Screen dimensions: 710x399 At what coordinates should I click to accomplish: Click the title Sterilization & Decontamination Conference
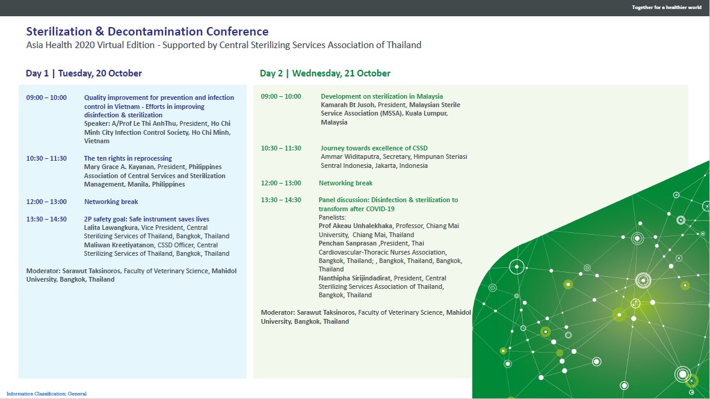tap(147, 31)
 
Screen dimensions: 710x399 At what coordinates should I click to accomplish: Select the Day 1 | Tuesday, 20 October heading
tap(84, 73)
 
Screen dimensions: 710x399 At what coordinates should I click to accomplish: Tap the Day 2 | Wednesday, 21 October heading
tap(325, 73)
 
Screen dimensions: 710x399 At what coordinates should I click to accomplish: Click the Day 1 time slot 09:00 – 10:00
tap(46, 97)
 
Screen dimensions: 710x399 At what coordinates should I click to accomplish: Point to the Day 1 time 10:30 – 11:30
tap(46, 158)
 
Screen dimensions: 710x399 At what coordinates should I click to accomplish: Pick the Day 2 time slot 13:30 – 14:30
tap(281, 200)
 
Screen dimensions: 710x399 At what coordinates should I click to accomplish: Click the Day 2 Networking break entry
tap(345, 183)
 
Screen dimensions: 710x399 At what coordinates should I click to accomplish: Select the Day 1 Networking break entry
tap(111, 202)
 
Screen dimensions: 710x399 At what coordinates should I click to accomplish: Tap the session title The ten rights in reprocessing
tap(128, 158)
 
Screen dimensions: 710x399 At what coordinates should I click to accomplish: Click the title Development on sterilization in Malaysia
tap(381, 96)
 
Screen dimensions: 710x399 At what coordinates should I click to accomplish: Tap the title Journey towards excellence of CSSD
tap(374, 148)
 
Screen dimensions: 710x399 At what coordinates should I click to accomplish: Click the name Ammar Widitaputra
tap(350, 156)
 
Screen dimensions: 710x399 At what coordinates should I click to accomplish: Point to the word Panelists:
tap(332, 217)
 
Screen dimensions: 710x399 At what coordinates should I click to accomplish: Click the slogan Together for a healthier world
tap(667, 7)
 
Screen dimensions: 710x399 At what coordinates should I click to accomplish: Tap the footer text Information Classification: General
tap(46, 394)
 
